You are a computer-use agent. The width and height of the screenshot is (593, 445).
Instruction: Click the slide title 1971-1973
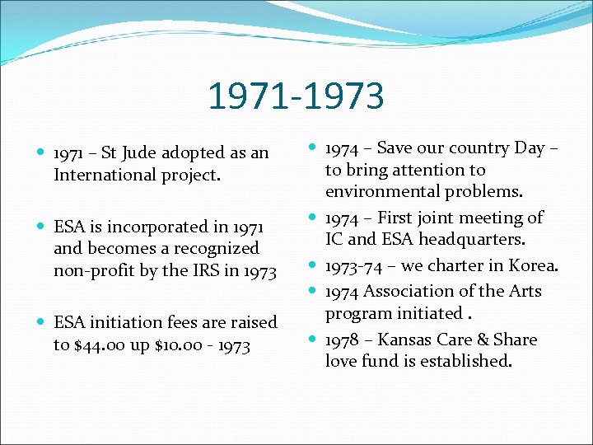(x=296, y=96)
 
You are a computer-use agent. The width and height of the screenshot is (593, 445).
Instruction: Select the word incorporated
(x=172, y=227)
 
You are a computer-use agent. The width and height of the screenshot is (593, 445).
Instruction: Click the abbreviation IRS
(x=203, y=269)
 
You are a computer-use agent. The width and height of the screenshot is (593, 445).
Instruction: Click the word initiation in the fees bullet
(x=127, y=323)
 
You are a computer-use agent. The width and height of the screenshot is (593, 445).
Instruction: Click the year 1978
(x=342, y=340)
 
